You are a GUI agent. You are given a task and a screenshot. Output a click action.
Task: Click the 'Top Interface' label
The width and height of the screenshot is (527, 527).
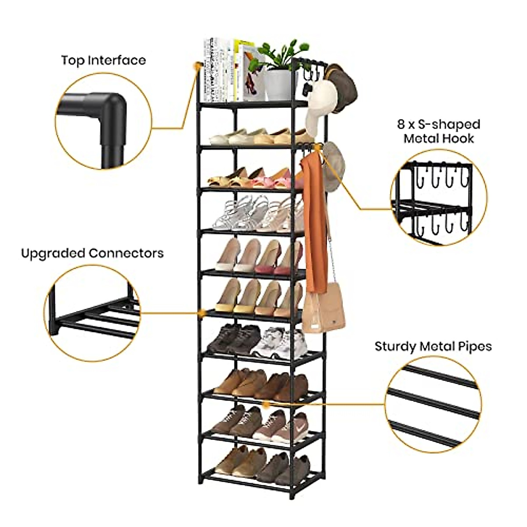click(x=103, y=60)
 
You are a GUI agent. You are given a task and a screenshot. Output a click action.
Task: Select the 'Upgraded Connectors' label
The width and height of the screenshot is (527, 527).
click(x=92, y=253)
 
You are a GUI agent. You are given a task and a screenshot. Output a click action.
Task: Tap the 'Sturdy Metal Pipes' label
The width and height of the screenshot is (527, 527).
click(x=433, y=347)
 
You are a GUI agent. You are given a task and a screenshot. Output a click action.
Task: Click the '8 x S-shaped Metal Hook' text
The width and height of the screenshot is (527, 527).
click(x=439, y=131)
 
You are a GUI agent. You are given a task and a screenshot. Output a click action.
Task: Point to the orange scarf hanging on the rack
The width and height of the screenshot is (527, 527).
click(x=314, y=220)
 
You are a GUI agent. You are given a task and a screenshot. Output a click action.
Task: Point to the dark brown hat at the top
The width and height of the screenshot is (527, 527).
click(x=345, y=86)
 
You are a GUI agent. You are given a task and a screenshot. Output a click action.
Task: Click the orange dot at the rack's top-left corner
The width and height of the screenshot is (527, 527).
click(x=196, y=65)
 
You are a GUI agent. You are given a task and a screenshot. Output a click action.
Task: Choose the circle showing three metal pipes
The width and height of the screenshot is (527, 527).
click(x=433, y=404)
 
